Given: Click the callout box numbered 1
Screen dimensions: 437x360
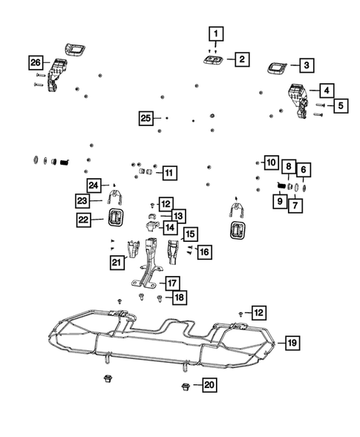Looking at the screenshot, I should [x=215, y=33].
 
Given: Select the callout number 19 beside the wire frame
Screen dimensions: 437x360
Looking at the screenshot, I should [x=292, y=343].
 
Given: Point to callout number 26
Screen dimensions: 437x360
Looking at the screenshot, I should [x=36, y=62].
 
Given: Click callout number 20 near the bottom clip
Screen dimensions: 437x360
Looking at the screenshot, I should [x=210, y=386].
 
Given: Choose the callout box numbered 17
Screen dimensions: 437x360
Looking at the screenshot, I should [x=171, y=282].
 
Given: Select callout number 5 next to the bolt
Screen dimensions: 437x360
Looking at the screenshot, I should [x=340, y=106].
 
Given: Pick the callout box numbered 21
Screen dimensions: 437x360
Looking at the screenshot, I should [x=116, y=262].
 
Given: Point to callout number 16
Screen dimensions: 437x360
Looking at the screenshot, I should [x=204, y=252].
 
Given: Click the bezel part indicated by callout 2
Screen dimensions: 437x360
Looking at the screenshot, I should [x=212, y=60].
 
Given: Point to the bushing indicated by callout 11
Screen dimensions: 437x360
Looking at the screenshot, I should [x=146, y=173].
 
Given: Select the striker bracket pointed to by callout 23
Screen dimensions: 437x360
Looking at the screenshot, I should [x=117, y=198].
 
